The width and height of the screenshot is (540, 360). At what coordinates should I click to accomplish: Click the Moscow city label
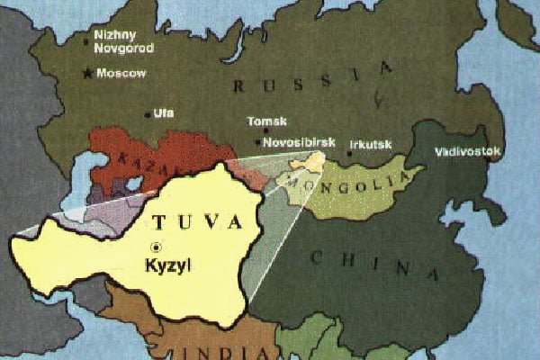pos(121,74)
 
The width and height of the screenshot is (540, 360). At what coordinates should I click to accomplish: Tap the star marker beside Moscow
pos(87,74)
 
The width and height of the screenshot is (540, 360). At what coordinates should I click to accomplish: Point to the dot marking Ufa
pos(148,114)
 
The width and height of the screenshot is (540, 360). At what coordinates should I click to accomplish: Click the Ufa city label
pos(163,113)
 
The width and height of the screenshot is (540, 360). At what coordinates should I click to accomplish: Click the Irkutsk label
pos(370,142)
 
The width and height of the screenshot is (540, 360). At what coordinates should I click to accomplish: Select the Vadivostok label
pos(467,151)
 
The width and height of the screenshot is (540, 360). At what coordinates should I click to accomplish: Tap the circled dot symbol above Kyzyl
pos(157,246)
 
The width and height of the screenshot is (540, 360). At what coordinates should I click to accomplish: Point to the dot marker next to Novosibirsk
pos(259,142)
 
